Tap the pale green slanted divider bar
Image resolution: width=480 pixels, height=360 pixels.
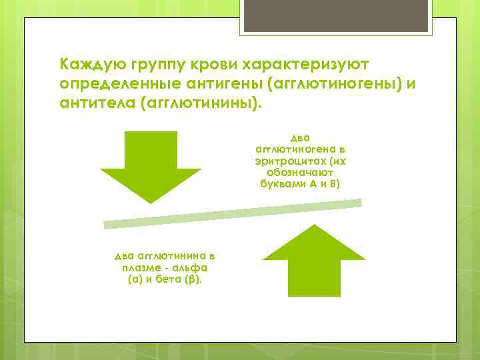tap(233, 213)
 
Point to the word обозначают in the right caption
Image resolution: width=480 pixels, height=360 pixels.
tap(300, 172)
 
